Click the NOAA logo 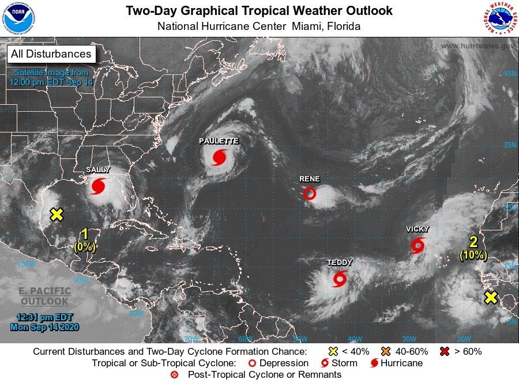click(x=18, y=18)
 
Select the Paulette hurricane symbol click(x=219, y=157)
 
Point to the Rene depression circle click(x=310, y=194)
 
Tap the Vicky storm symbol click(x=418, y=246)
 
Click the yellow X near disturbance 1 click(x=56, y=215)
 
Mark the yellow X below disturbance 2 click(x=490, y=298)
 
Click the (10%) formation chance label click(x=473, y=255)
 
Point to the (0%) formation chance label click(x=85, y=247)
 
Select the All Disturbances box click(x=51, y=54)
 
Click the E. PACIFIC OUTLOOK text click(x=44, y=296)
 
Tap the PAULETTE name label click(x=219, y=141)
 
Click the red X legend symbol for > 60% click(x=444, y=351)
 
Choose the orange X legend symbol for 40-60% click(x=386, y=351)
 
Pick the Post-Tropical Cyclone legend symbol click(x=175, y=375)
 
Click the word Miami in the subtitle click(x=308, y=26)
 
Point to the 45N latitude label click(x=510, y=74)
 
